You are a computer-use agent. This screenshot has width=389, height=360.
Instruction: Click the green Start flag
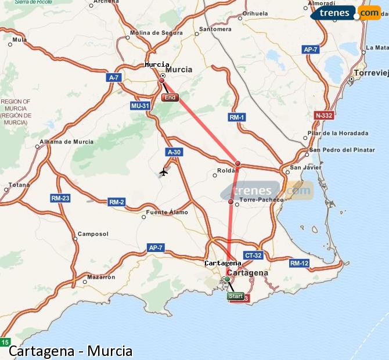[x=235, y=296]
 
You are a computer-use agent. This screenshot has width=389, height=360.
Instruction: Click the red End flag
[x=170, y=98]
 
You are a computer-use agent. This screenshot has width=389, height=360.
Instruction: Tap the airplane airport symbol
[x=164, y=171]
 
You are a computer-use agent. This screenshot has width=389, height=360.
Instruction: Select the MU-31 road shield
[x=141, y=106]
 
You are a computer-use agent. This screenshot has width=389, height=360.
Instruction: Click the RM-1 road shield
[x=236, y=117]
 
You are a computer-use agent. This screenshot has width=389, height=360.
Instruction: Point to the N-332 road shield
[x=323, y=116]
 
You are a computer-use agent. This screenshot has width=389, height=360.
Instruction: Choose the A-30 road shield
[x=174, y=152]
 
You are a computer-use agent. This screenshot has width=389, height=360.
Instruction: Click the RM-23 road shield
[x=60, y=198]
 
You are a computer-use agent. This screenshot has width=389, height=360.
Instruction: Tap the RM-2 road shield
[x=116, y=202]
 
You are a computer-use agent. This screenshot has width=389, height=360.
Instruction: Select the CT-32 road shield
[x=254, y=255]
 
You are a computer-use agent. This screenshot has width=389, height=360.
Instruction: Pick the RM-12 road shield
[x=299, y=263]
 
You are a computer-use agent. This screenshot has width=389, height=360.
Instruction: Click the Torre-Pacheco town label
[x=261, y=200]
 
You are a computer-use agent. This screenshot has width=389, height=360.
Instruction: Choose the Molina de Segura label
[x=157, y=33]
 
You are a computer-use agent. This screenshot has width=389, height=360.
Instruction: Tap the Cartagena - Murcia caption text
[x=70, y=351]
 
